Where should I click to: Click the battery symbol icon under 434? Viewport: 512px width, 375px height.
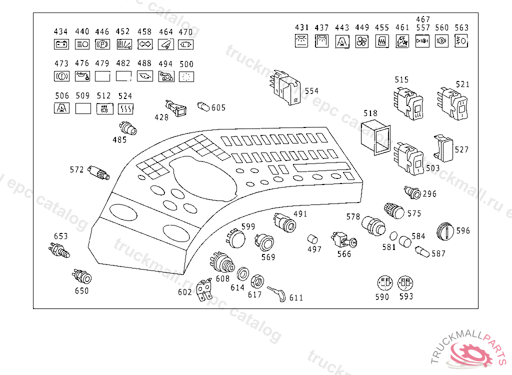tap(61, 44)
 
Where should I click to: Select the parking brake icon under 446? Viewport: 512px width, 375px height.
tap(102, 44)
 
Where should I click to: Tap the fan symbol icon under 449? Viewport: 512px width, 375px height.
tap(361, 41)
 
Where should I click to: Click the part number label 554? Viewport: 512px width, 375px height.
tap(311, 91)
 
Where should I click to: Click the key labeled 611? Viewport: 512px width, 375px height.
tap(276, 293)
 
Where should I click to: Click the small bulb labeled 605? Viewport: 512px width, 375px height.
tap(204, 106)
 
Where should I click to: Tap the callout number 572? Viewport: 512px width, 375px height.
tap(76, 170)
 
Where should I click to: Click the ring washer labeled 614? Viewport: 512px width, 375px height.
tap(243, 274)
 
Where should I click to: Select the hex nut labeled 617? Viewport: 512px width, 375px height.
tap(256, 281)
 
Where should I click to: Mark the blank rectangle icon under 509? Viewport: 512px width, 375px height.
tap(82, 108)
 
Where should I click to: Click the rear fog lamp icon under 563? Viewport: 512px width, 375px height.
tap(461, 41)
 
